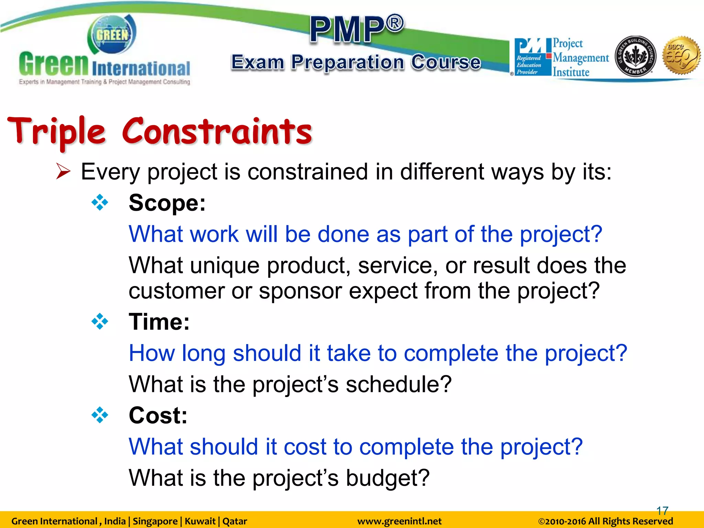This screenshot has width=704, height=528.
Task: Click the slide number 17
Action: (x=662, y=511)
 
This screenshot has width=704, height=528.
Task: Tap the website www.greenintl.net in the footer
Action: (x=399, y=521)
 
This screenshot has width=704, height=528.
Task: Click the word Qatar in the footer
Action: (x=235, y=521)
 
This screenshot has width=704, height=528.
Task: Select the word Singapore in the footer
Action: (x=155, y=521)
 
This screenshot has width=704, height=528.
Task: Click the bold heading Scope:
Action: (x=167, y=203)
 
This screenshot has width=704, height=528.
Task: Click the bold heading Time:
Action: (x=159, y=322)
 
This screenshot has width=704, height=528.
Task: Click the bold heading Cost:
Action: (x=158, y=416)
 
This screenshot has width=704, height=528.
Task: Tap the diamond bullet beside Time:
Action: (x=100, y=322)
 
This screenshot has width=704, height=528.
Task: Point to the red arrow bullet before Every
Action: (x=63, y=172)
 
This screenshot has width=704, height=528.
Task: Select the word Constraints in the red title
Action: (x=217, y=132)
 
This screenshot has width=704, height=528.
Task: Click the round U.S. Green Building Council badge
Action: (x=635, y=56)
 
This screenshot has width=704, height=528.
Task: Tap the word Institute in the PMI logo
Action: (x=571, y=72)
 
